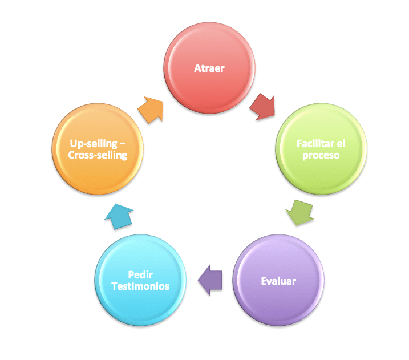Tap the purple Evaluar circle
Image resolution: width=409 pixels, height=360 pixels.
pos(278,281)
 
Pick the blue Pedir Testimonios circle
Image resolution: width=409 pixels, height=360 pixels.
pos(140,280)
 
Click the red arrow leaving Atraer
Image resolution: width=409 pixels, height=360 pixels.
pos(262,107)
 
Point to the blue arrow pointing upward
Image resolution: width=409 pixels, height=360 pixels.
pos(121,216)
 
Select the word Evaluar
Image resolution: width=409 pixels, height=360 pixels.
pos(278,281)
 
